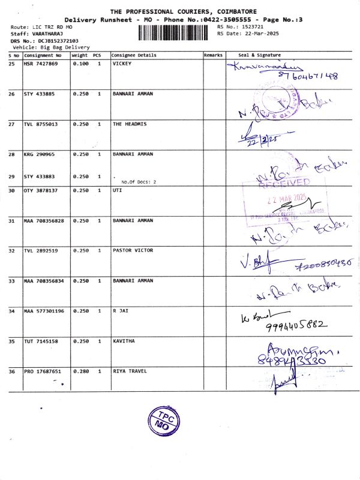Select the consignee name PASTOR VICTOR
(133, 250)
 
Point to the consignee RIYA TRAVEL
(130, 372)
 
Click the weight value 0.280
(80, 372)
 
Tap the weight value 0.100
(80, 63)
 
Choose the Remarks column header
(213, 55)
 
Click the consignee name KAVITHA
(124, 341)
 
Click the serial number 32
(11, 250)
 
